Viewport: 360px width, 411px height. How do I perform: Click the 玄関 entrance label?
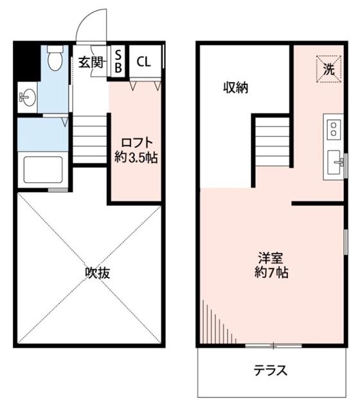91,62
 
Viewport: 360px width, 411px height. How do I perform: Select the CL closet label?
143,62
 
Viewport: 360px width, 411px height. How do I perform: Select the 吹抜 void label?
98,272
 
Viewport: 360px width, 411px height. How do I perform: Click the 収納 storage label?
235,88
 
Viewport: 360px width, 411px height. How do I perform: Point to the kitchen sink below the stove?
335,162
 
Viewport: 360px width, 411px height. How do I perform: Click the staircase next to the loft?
89,139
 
